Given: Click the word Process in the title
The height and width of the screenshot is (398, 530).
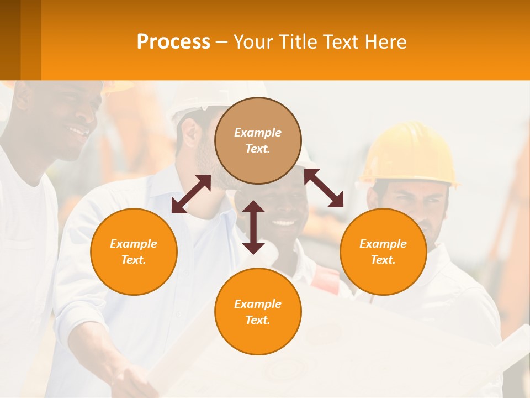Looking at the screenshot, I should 173,42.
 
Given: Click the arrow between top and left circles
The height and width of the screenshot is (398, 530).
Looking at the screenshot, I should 191,194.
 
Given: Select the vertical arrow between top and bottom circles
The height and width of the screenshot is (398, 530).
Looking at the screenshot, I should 253,227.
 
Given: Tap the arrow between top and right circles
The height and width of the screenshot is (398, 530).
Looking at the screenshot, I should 324,188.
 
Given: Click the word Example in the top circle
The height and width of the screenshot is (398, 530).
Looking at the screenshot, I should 258,133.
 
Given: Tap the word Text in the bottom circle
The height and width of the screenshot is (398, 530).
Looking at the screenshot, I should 257,320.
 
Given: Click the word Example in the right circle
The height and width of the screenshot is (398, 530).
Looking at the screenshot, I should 383,244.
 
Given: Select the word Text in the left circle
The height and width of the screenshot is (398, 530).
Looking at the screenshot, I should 133,260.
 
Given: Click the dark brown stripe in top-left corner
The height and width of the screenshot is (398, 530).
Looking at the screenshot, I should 10,40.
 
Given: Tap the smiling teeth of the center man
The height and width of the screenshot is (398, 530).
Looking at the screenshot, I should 284,223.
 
